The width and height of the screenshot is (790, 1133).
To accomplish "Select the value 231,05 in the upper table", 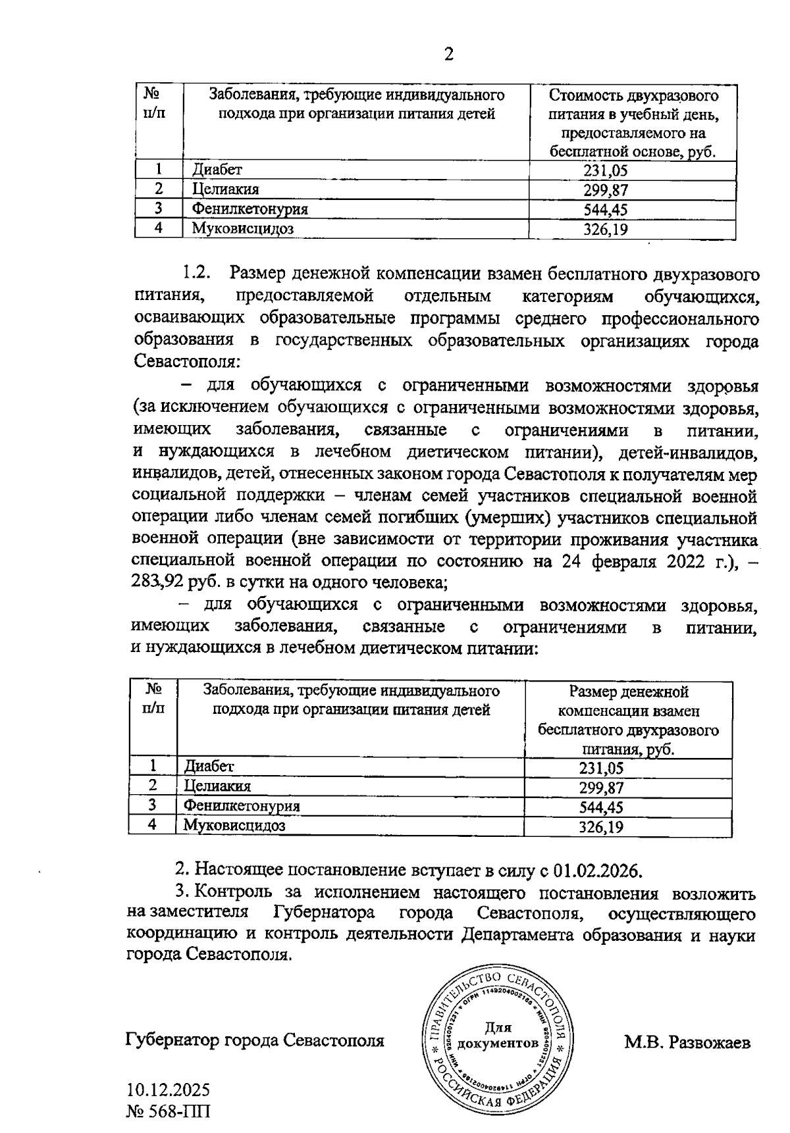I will (606, 171).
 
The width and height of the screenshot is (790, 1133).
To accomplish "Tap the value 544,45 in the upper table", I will (606, 210).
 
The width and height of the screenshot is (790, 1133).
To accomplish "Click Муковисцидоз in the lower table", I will (234, 826).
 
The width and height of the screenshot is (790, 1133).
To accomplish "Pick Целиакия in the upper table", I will (225, 190).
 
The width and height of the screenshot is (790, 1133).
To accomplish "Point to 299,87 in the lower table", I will (601, 788).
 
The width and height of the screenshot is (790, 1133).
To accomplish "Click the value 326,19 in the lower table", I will (601, 827).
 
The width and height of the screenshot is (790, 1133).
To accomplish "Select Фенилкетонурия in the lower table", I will (242, 806).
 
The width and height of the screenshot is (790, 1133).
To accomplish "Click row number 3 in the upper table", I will (158, 209).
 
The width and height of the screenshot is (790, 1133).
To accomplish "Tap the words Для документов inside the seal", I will (498, 1035).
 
